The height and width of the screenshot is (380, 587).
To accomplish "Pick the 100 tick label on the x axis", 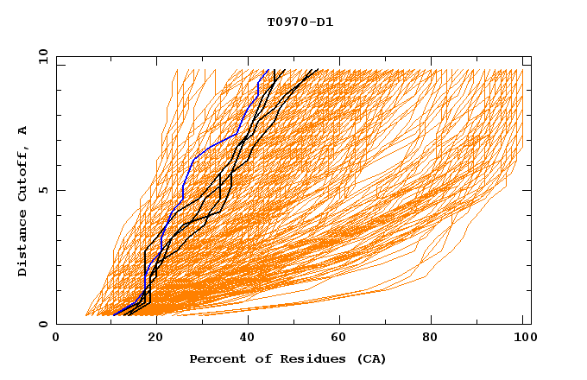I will [523, 339].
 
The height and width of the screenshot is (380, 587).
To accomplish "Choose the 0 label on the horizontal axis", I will [56, 339].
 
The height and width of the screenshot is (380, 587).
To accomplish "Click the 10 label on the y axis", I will [42, 56].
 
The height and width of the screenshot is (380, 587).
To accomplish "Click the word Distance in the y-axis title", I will [23, 246].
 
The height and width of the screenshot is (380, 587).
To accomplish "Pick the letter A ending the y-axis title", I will [23, 130].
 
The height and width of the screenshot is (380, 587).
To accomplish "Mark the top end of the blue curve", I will [268, 70].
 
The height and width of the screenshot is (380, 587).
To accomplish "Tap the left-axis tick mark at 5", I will [60, 190].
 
